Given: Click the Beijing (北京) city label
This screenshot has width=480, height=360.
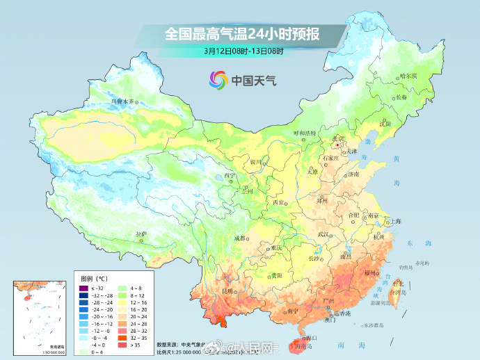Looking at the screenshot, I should coord(338,138).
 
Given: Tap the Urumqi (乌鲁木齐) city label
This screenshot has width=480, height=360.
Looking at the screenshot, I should coord(121,101).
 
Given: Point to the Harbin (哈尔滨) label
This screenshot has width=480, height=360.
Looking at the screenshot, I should coord(408,76).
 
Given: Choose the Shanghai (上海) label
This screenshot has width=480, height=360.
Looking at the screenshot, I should coord(395,221).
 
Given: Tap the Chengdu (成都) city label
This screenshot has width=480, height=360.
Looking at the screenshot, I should coord(240,238).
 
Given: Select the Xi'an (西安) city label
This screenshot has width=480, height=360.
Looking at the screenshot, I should coord(279,202).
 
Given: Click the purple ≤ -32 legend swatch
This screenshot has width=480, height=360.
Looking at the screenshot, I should coord(81,288).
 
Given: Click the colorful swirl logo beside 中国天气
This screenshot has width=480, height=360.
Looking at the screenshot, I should coord(218,80).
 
